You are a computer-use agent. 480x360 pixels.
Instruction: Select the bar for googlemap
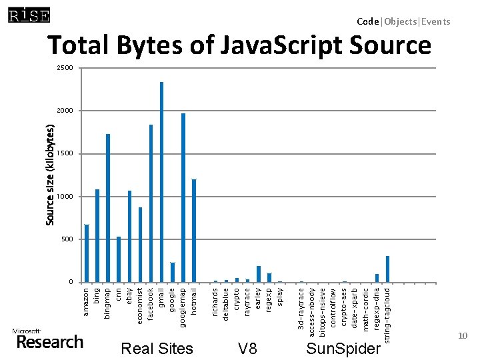pyautogui.click(x=183, y=197)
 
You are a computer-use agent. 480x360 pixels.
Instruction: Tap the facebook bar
pyautogui.click(x=151, y=203)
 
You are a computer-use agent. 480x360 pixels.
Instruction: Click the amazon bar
pyautogui.click(x=87, y=253)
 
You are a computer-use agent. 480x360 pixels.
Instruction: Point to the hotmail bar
pyautogui.click(x=194, y=231)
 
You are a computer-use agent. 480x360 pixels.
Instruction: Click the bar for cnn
pyautogui.click(x=119, y=259)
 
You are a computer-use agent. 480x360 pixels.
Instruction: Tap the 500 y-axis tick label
pyautogui.click(x=67, y=239)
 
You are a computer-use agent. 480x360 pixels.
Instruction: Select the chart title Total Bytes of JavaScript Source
pyautogui.click(x=239, y=45)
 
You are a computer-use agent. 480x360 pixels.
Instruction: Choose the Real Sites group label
pyautogui.click(x=157, y=349)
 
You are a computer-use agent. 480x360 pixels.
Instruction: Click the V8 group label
pyautogui.click(x=247, y=349)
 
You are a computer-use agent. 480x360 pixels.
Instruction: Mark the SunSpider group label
pyautogui.click(x=343, y=349)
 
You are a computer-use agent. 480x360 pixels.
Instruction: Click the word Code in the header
pyautogui.click(x=367, y=21)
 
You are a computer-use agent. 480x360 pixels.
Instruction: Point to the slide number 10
pyautogui.click(x=463, y=337)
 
